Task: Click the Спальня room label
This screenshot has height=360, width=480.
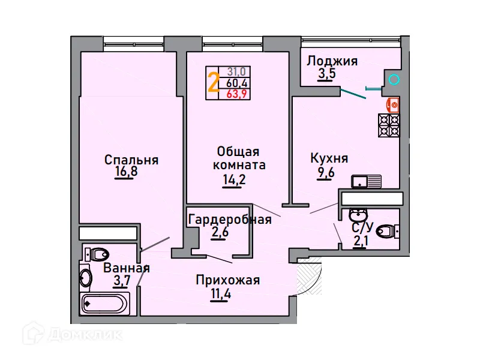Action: (131, 160)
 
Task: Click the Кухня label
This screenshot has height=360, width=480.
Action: (329, 158)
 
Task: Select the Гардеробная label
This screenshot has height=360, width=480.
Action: (229, 220)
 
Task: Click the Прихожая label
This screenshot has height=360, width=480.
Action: (227, 280)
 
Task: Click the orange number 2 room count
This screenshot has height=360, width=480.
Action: (213, 82)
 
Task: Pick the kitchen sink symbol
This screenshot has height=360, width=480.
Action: (366, 181)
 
